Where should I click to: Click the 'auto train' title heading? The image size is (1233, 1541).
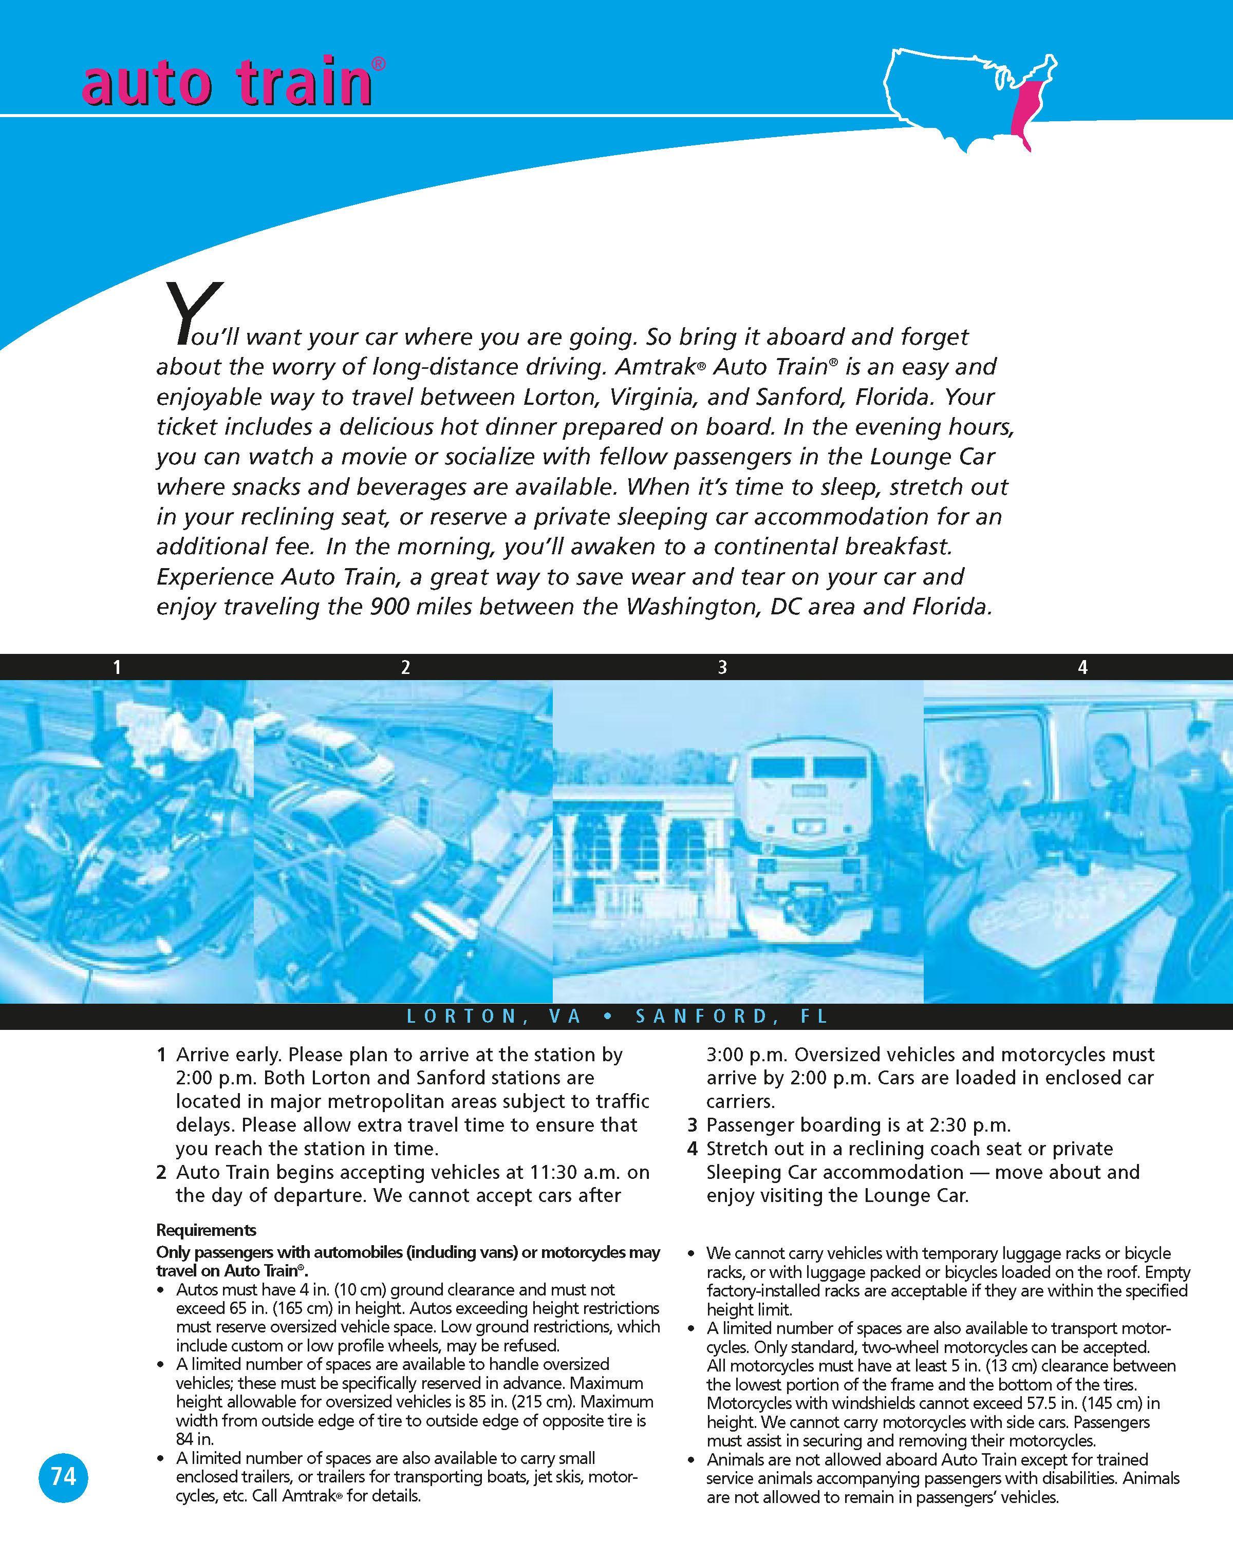(x=227, y=84)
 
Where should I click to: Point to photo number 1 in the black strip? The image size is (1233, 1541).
(x=117, y=668)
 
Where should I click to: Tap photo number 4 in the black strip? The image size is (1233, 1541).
(x=1082, y=668)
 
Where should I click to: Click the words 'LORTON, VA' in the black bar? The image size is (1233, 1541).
(x=494, y=1017)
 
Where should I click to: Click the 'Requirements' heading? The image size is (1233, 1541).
(x=206, y=1230)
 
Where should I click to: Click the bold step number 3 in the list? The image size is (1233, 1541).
(x=692, y=1125)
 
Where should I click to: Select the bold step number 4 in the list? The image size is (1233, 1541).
(x=692, y=1149)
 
